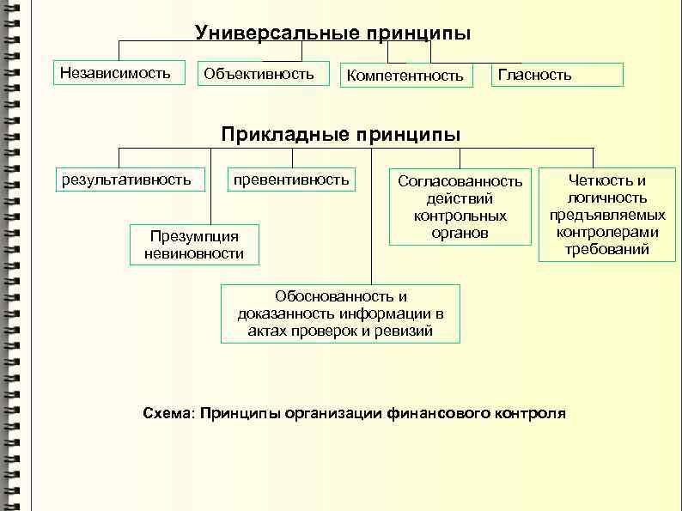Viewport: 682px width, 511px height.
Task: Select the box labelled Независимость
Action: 115,72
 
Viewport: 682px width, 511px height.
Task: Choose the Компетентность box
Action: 405,76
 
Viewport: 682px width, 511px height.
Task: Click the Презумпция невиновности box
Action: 194,244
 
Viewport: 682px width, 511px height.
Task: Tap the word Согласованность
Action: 460,181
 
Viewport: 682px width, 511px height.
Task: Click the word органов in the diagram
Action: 460,233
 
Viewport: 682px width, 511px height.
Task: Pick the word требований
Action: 606,250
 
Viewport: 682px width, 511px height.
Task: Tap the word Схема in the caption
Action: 167,413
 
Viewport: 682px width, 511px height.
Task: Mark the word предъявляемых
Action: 606,215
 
